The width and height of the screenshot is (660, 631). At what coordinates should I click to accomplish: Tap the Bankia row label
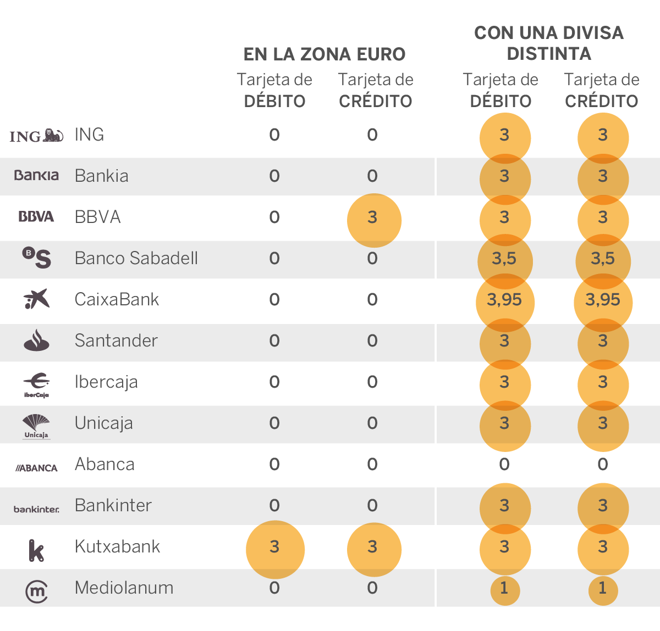tap(102, 176)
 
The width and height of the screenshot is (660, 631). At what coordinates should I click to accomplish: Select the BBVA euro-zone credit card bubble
tap(373, 220)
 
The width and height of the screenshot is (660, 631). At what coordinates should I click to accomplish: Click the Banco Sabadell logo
tap(36, 258)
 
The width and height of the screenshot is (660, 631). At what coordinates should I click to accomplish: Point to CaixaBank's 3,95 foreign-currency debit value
tap(504, 300)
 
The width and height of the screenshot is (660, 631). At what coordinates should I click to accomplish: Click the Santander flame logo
tap(36, 340)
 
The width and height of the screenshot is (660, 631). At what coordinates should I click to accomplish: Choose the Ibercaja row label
tap(106, 382)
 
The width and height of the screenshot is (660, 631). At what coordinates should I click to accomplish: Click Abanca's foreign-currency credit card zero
tap(603, 465)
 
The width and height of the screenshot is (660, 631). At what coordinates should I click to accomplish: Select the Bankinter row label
tap(113, 505)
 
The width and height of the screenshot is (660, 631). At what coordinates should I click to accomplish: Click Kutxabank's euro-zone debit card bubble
tap(274, 549)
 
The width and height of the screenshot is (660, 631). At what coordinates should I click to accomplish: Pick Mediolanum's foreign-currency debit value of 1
tap(504, 589)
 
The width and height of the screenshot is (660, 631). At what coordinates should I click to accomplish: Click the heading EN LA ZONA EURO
tap(324, 54)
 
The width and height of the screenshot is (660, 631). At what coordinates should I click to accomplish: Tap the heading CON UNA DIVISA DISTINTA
tap(549, 43)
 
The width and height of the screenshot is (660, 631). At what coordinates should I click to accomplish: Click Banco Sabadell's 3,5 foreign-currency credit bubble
tap(603, 260)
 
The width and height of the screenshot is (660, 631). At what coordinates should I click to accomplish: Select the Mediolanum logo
tap(36, 591)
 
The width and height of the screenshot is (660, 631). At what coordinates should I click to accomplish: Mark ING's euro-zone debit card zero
tap(274, 135)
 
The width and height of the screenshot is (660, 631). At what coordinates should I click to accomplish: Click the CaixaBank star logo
tap(36, 299)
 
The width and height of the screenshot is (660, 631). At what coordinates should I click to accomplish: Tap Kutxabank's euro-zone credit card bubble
tap(373, 549)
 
